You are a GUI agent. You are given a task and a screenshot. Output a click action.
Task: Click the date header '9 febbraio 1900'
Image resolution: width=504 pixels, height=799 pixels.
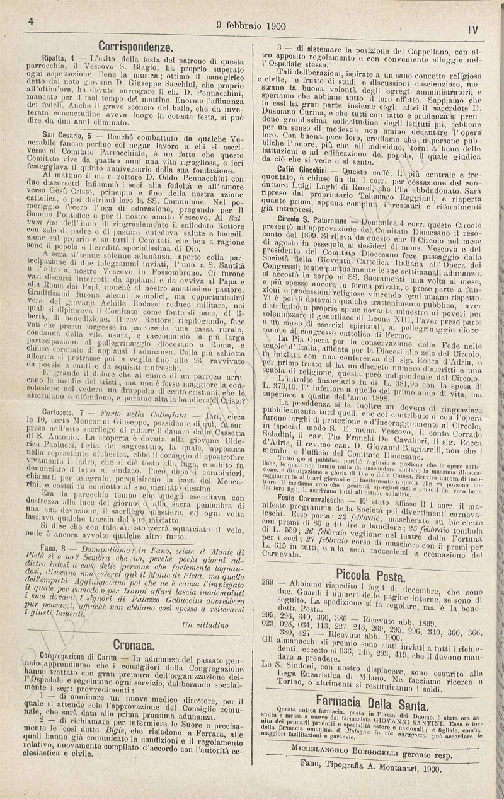251,26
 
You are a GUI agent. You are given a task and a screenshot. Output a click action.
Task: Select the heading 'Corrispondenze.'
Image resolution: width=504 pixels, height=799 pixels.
136,46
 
